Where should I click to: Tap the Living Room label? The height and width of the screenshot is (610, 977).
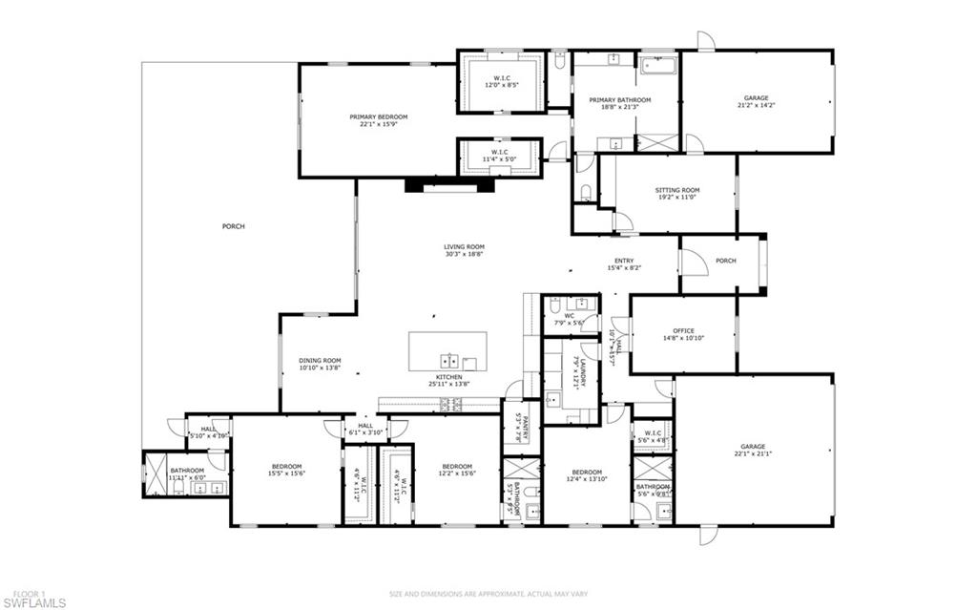point(464,250)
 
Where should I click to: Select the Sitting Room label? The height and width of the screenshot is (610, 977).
point(676,193)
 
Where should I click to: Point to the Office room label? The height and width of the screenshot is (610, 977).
point(683,334)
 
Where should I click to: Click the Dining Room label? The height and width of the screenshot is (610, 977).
point(320,364)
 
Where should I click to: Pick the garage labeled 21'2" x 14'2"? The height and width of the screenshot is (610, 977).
point(756,101)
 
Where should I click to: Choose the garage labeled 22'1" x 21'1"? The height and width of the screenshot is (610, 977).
point(754,450)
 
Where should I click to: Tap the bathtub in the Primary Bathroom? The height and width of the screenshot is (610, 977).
point(658,67)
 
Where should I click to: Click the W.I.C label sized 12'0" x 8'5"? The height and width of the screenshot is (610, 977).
point(502,81)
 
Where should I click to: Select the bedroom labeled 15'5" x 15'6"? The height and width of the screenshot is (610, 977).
point(285,469)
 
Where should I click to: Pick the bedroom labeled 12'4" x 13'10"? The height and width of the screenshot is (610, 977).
point(586,475)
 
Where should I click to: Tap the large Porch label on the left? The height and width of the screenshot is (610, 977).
point(233,226)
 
